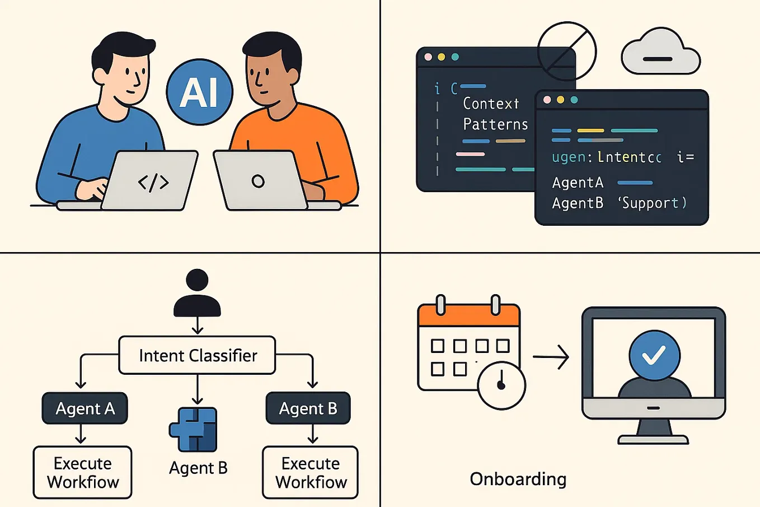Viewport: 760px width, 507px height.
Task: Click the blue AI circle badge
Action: [x=200, y=92]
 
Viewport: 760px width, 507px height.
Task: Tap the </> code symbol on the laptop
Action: [x=153, y=182]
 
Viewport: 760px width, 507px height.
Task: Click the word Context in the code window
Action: [x=491, y=104]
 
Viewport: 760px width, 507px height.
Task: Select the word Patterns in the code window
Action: [x=495, y=124]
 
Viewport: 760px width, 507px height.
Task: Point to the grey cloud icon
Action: [x=660, y=53]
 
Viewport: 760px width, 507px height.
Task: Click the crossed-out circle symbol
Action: [x=566, y=52]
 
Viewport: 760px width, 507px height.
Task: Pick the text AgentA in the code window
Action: [x=578, y=183]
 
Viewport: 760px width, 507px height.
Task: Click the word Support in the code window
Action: [x=651, y=203]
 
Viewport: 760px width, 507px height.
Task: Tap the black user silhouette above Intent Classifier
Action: [x=197, y=294]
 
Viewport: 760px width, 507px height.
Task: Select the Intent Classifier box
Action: [x=197, y=355]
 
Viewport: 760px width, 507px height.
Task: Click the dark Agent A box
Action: [x=85, y=408]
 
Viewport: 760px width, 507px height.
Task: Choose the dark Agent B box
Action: [x=308, y=408]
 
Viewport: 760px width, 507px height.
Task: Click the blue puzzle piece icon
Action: [x=193, y=430]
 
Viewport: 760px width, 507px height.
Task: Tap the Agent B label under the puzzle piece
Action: [x=198, y=468]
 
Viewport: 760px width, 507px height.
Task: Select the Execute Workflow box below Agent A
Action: [x=83, y=472]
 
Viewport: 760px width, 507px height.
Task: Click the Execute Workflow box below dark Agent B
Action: [x=311, y=472]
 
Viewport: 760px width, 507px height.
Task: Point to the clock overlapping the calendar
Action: [x=501, y=385]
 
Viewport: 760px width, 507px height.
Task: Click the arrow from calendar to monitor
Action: [x=551, y=356]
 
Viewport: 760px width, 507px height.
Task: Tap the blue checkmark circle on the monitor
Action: [x=654, y=355]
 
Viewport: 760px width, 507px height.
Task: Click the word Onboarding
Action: [x=518, y=479]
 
